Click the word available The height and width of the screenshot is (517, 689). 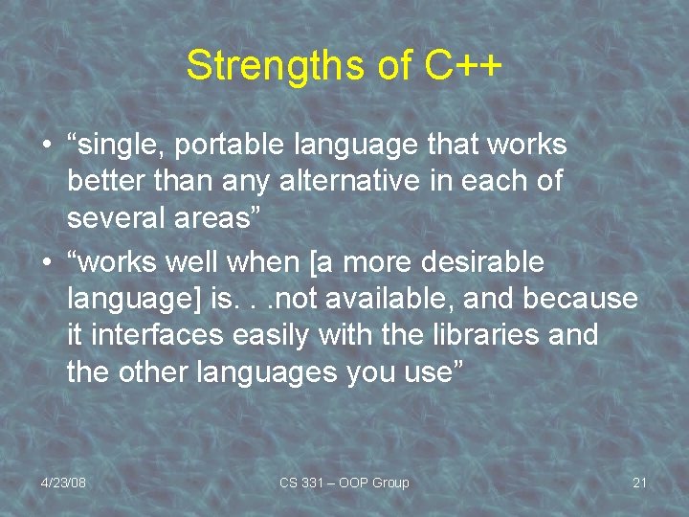(397, 299)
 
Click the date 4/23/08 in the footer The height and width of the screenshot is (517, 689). (63, 483)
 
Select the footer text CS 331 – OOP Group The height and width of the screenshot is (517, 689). (344, 483)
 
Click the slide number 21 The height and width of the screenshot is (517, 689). (640, 483)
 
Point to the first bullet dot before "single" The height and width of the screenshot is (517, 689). (46, 147)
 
